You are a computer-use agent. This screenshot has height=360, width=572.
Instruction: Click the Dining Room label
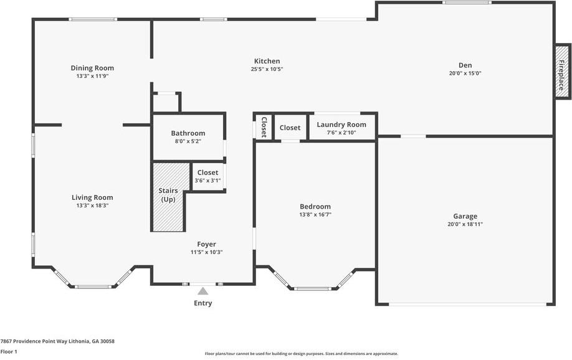click(x=92, y=68)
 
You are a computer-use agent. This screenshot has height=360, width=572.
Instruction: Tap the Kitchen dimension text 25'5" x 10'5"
click(x=267, y=69)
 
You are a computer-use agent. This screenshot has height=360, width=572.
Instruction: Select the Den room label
click(x=465, y=65)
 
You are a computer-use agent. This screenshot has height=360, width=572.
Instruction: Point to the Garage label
click(x=465, y=216)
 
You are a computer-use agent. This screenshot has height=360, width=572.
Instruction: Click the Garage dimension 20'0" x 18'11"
click(x=465, y=224)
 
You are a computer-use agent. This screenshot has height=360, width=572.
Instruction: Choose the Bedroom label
click(x=315, y=206)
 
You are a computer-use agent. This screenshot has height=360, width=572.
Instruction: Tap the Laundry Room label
click(x=341, y=125)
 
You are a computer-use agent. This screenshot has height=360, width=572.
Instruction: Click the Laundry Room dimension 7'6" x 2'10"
click(x=341, y=133)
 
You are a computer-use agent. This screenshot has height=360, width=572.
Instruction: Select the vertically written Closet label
click(x=264, y=126)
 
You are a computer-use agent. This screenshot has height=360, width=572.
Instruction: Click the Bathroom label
click(x=188, y=133)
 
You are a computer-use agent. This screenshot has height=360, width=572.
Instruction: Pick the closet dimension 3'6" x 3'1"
click(x=207, y=181)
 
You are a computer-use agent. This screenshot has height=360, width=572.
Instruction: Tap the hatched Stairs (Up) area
click(x=168, y=209)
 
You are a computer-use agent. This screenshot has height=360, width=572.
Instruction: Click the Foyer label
click(x=206, y=244)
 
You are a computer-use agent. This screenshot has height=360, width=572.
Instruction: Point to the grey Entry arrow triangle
click(x=203, y=291)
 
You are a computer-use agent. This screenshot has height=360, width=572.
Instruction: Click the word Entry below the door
click(x=203, y=303)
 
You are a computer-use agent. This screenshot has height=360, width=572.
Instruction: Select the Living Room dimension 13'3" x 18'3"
click(x=92, y=206)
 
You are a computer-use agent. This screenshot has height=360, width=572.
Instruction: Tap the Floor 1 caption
click(x=9, y=352)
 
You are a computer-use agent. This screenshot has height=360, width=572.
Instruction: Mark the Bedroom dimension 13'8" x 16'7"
click(x=315, y=214)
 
